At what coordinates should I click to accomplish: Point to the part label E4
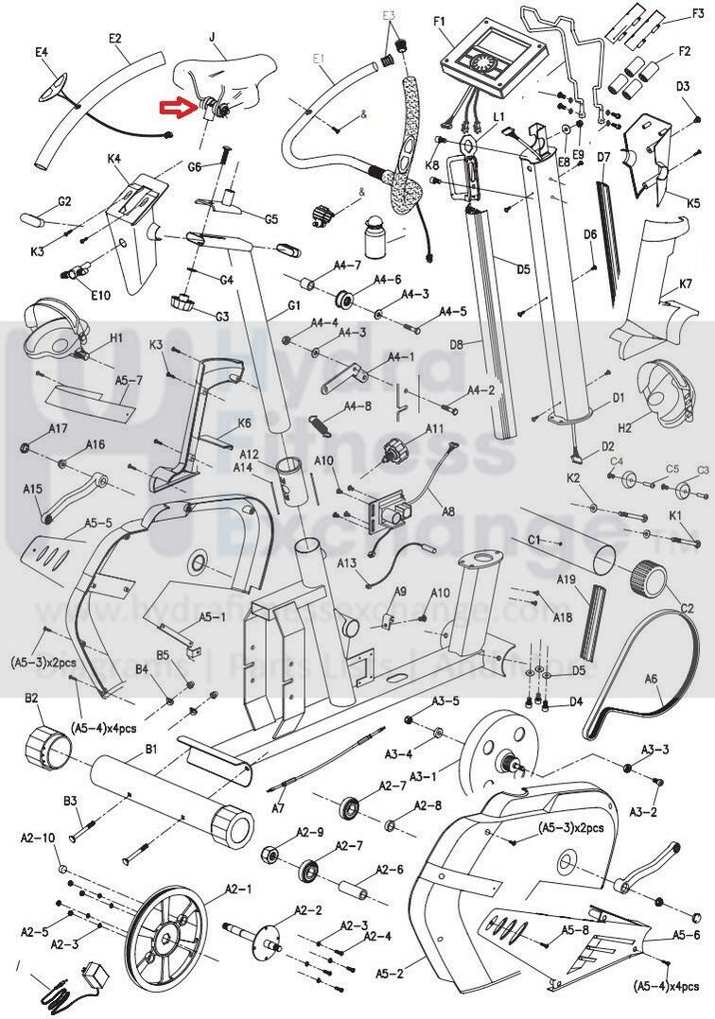(42, 51)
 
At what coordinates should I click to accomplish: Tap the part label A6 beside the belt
(651, 678)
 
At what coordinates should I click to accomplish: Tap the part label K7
(686, 285)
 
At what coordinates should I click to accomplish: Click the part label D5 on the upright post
(523, 269)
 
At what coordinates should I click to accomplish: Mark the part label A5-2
(389, 972)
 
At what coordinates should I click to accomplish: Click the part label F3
(697, 12)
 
